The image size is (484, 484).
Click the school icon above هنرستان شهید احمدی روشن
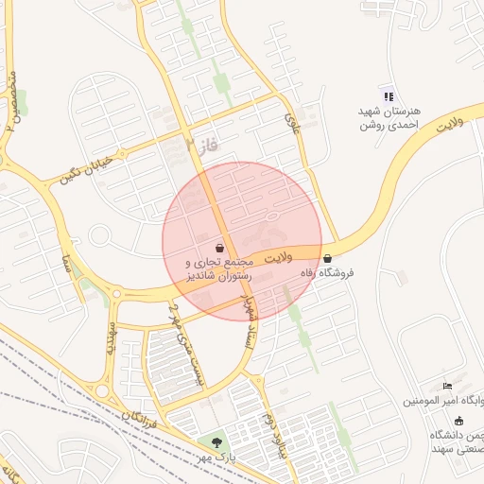pyautogui.click(x=387, y=95)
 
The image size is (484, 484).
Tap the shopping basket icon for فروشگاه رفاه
pyautogui.click(x=327, y=258)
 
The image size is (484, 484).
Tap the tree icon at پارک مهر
pyautogui.click(x=217, y=441)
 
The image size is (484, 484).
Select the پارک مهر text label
pyautogui.click(x=216, y=458)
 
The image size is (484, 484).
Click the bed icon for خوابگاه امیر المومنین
pyautogui.click(x=448, y=386)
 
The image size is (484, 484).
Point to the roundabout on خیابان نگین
pyautogui.click(x=100, y=235)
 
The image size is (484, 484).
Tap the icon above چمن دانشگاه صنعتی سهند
pyautogui.click(x=459, y=420)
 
